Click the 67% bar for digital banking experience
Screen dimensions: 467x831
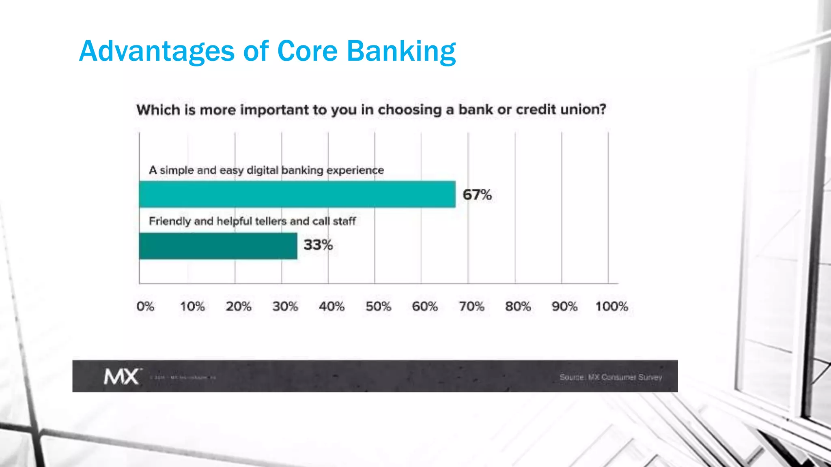(x=297, y=194)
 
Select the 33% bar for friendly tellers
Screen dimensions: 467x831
(x=218, y=246)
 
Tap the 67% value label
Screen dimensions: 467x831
(x=477, y=195)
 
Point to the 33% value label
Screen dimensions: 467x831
(x=318, y=245)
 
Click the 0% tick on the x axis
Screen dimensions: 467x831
(x=145, y=306)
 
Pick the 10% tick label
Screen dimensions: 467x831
(x=192, y=306)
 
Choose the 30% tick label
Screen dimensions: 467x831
(x=285, y=306)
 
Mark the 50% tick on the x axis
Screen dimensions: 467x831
(x=378, y=306)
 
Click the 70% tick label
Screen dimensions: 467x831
(x=471, y=306)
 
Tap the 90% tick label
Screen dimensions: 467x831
(x=564, y=306)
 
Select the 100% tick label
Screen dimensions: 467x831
(x=611, y=306)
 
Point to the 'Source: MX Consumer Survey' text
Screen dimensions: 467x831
(x=611, y=377)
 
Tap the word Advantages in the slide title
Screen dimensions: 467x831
(x=157, y=51)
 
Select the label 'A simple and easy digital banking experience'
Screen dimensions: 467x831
(x=266, y=170)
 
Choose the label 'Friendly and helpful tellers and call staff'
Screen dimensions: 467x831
(x=252, y=221)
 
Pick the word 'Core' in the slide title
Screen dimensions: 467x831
(x=307, y=51)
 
